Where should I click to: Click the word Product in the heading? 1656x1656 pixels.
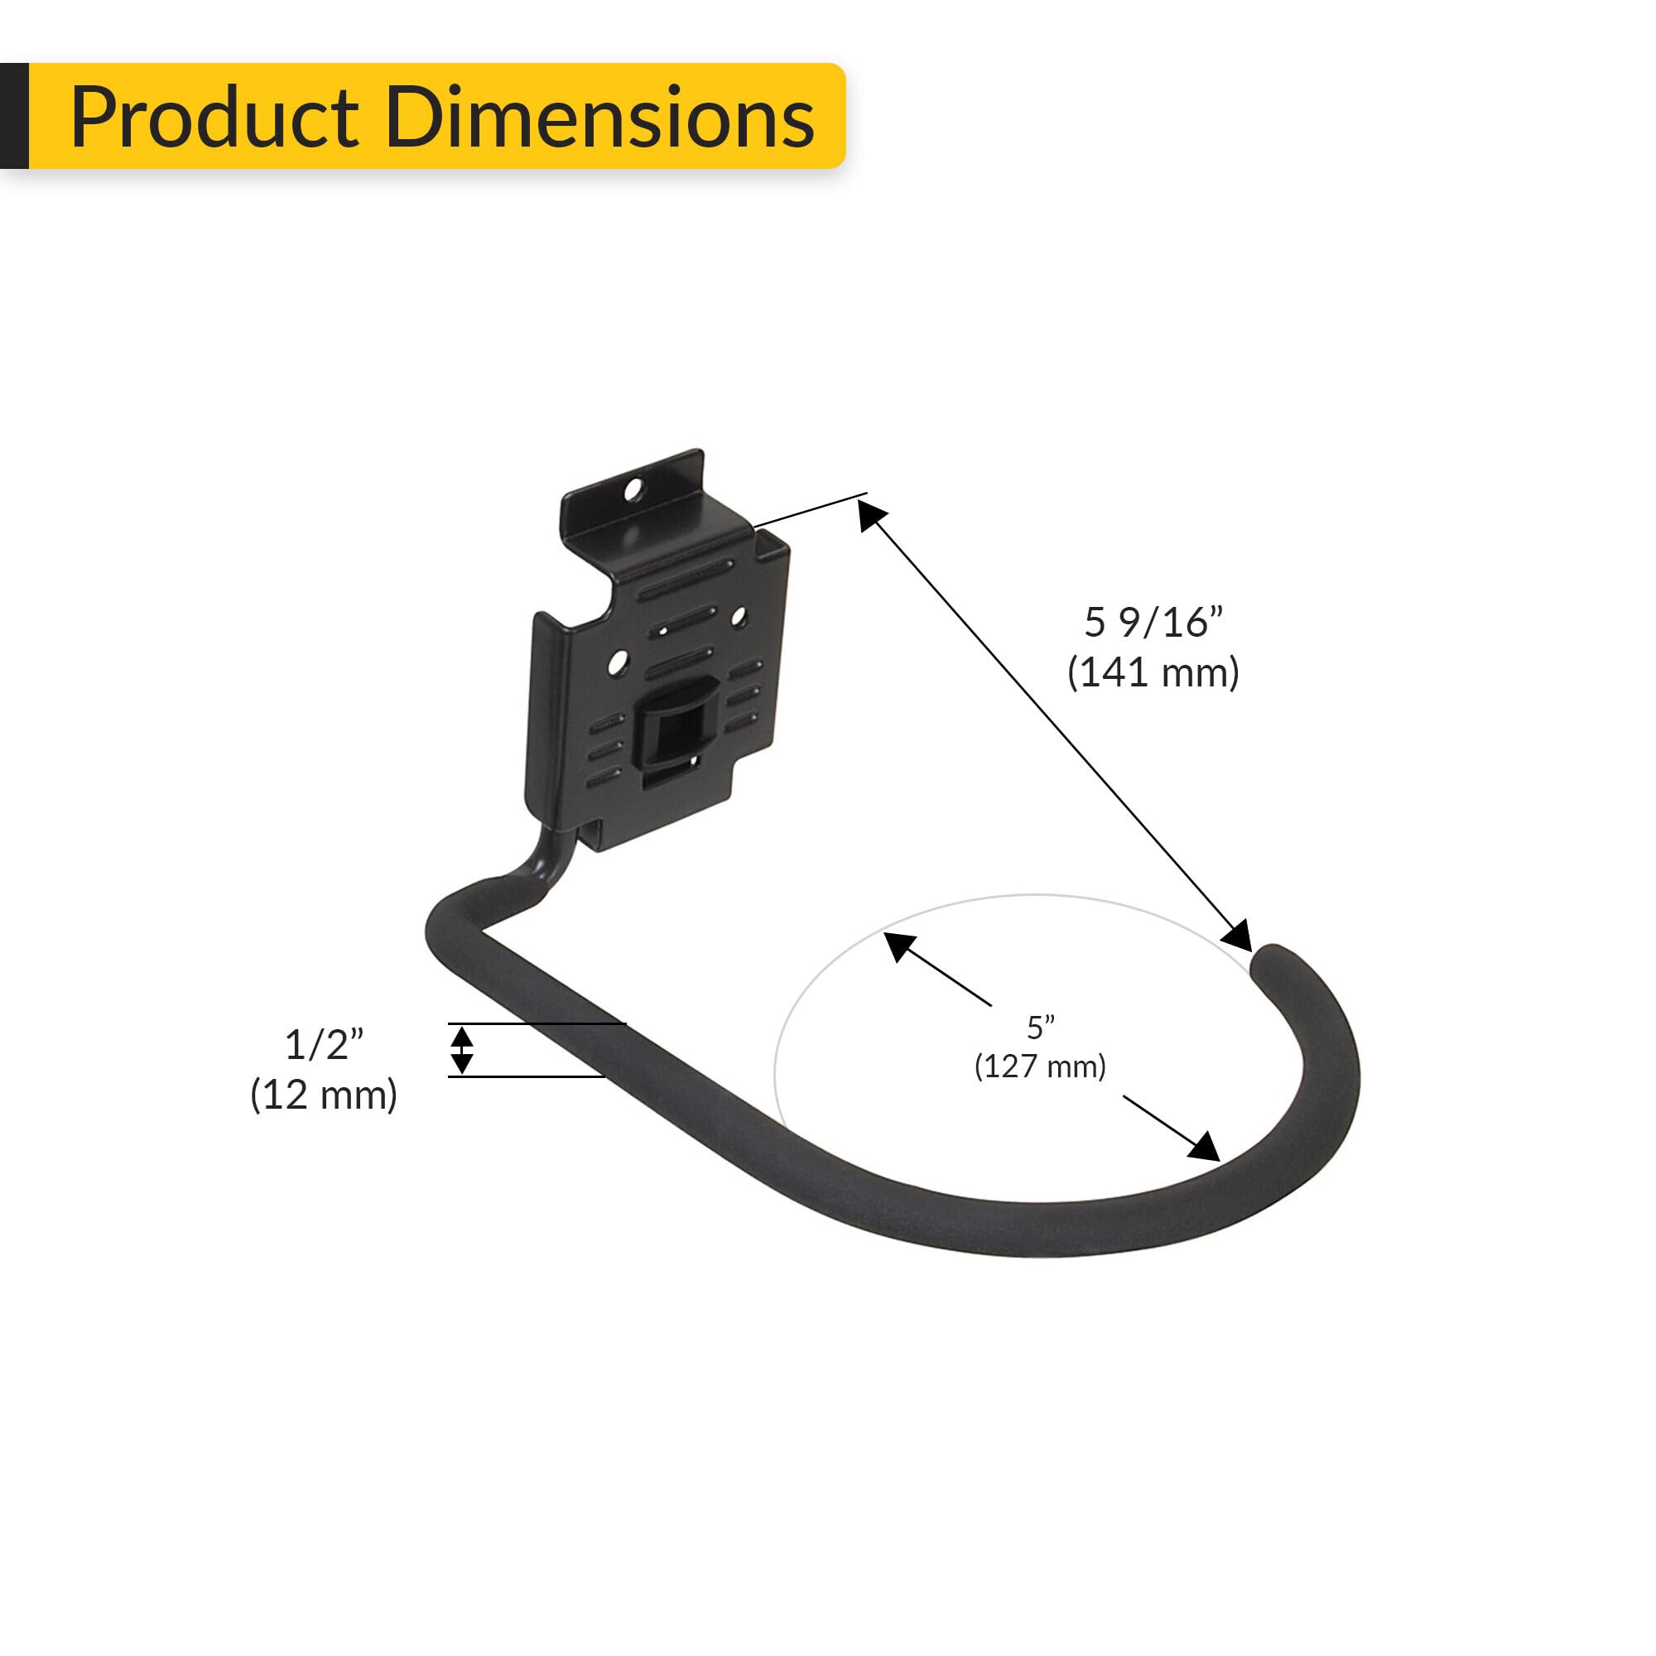coord(214,118)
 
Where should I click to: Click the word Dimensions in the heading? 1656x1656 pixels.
coord(599,118)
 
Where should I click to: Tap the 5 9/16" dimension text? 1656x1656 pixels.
coord(1153,623)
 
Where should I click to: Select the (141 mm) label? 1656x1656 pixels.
coord(1153,673)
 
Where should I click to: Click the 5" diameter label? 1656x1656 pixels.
coord(1041,1027)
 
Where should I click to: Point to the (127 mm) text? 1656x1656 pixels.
coord(1041,1067)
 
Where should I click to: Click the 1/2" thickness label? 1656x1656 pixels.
coord(324,1045)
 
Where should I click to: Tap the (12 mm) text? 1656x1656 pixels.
coord(324,1095)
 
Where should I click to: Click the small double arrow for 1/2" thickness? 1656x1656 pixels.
coord(462,1050)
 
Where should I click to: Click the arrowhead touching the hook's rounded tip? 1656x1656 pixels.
coord(1238,934)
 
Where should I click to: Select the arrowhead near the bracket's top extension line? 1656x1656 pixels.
coord(872,516)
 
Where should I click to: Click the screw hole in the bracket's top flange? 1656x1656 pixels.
coord(633,490)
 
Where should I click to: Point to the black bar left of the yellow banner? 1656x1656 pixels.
coord(14,116)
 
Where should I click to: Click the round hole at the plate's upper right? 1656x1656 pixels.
coord(739,616)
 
